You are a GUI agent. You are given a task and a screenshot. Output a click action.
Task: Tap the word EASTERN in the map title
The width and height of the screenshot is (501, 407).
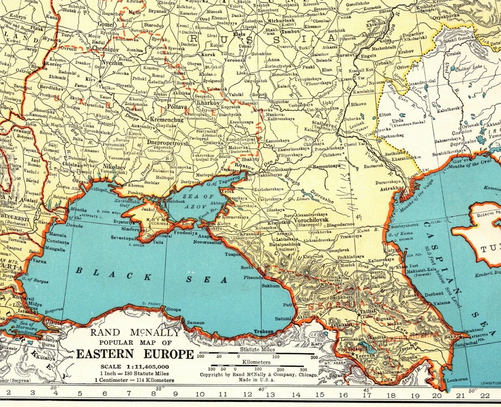click(106, 355)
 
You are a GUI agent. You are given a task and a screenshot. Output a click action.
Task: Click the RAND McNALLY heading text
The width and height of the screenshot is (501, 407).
click(135, 333)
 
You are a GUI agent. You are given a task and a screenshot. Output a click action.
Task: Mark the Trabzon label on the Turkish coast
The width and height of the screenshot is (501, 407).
click(264, 332)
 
